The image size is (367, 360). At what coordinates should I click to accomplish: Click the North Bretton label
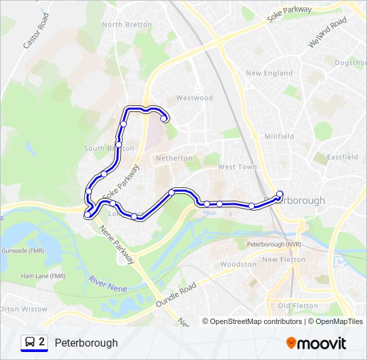122,25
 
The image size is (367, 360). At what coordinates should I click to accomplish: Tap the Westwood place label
194,98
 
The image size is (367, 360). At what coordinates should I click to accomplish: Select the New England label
269,73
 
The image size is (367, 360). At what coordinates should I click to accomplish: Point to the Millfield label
279,137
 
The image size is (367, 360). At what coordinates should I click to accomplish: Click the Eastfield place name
328,158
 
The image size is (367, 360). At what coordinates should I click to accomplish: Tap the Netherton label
173,159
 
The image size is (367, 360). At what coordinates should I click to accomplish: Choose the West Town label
237,167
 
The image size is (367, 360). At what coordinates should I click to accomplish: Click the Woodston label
238,265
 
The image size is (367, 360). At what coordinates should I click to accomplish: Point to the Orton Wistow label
24,309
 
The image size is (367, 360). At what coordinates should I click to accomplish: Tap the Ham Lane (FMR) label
43,276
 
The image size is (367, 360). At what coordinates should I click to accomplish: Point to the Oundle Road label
175,294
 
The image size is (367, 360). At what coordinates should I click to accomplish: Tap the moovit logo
316,343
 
